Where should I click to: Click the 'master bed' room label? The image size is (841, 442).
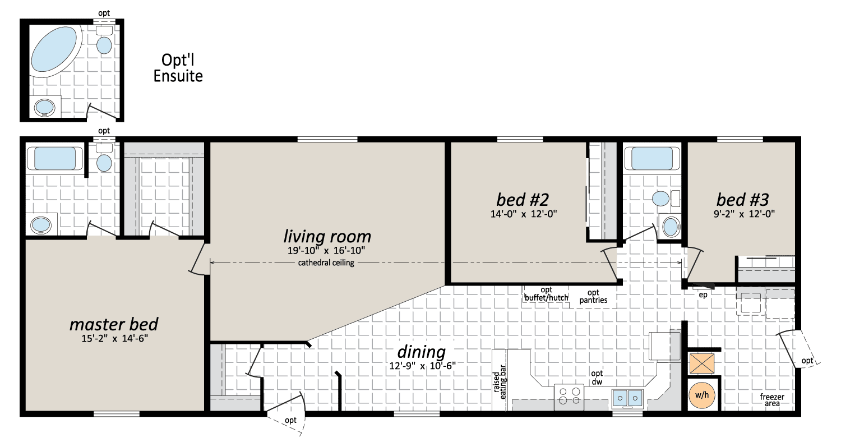(114, 324)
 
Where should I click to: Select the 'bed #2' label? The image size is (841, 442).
(523, 200)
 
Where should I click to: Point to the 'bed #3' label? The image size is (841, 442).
(743, 200)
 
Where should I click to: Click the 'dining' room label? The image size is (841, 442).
(421, 352)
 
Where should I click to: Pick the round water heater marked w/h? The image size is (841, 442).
(702, 395)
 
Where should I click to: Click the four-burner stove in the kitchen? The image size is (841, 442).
(569, 397)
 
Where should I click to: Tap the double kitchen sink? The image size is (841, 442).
(627, 398)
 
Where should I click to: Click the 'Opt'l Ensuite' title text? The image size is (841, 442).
(178, 68)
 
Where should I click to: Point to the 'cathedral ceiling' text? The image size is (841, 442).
(326, 263)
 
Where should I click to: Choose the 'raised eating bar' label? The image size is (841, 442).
(500, 381)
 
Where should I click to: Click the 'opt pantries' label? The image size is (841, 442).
(593, 296)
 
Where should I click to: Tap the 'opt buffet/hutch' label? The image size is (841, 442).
(546, 294)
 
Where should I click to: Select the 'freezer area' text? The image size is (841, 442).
(772, 400)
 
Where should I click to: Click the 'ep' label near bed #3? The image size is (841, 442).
(703, 295)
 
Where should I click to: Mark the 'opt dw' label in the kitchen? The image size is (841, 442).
(597, 377)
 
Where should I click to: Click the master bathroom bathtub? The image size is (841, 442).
(55, 159)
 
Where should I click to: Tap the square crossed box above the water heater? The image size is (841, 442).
(702, 363)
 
